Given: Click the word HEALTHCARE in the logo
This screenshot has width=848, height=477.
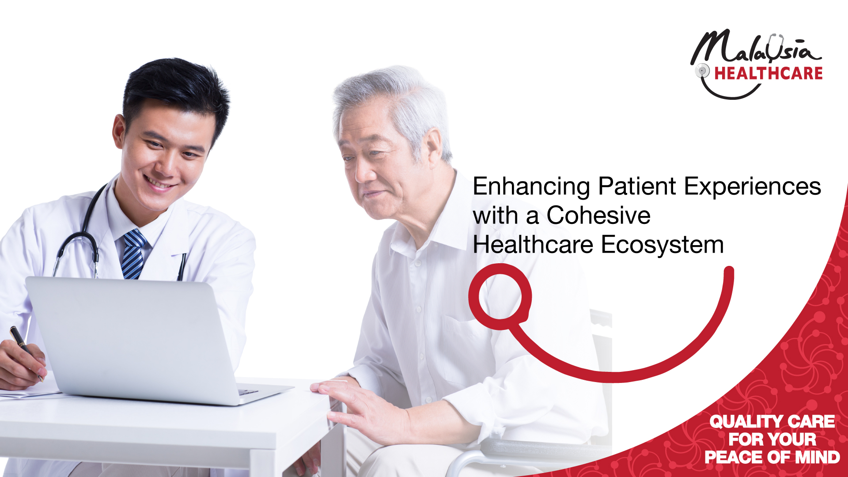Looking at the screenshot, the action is pyautogui.click(x=768, y=73).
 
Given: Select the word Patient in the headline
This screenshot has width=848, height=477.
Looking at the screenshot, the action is pyautogui.click(x=637, y=186).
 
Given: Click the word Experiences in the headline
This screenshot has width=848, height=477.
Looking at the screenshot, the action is pyautogui.click(x=753, y=187).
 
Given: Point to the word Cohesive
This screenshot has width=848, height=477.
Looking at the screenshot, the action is pyautogui.click(x=598, y=215).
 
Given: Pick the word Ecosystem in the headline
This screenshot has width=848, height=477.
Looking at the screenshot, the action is pyautogui.click(x=662, y=245).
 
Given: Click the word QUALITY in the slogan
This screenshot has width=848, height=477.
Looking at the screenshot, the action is pyautogui.click(x=746, y=422).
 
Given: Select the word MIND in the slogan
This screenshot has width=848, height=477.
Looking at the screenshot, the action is pyautogui.click(x=818, y=457).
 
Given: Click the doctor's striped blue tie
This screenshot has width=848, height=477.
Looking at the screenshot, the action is pyautogui.click(x=133, y=254).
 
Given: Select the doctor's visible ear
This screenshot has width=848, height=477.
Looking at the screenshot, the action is pyautogui.click(x=118, y=131).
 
